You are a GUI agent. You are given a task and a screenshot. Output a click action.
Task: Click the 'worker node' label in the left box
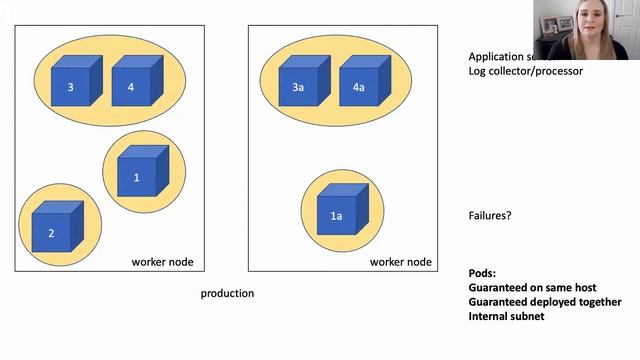(162, 262)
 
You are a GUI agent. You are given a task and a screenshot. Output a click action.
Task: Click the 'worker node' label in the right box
(401, 262)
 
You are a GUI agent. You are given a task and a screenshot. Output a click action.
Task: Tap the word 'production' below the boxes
(227, 293)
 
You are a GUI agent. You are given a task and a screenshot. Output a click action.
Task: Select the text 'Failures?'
(490, 215)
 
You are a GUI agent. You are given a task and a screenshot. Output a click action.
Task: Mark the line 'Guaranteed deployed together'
(544, 302)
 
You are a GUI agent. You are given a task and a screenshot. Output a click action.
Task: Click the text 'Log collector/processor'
(525, 71)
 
